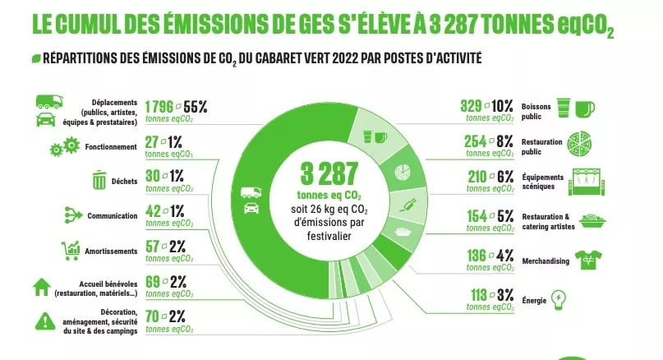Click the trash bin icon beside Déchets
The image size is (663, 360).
pyautogui.click(x=99, y=179)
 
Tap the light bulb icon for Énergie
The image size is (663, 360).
pyautogui.click(x=559, y=298)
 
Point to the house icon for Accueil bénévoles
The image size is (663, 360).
pyautogui.click(x=40, y=287)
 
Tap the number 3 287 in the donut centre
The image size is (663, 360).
pyautogui.click(x=329, y=174)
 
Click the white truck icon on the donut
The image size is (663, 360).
pyautogui.click(x=249, y=194)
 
